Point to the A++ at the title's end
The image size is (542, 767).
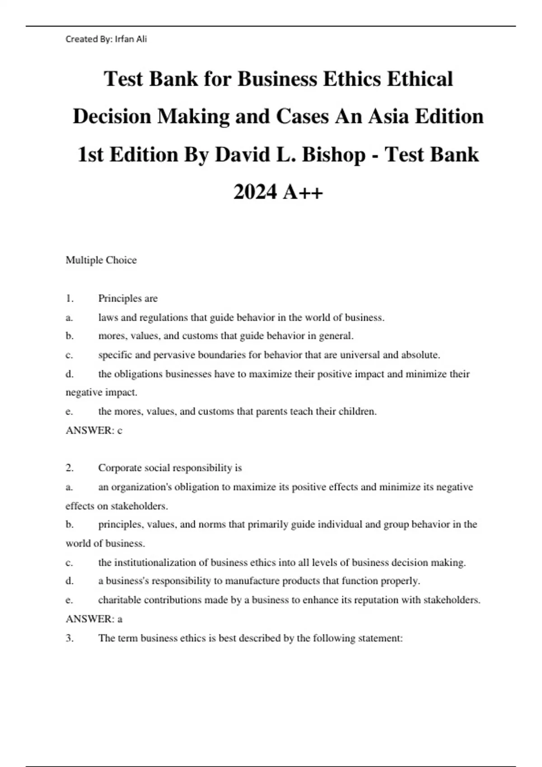click(x=303, y=192)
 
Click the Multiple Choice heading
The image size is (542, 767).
click(x=101, y=260)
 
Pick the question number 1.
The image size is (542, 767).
click(x=70, y=299)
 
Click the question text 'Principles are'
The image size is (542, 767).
click(x=128, y=299)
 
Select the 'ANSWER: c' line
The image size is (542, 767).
click(x=94, y=431)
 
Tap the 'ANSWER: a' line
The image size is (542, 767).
click(x=94, y=619)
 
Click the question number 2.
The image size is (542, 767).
click(x=70, y=468)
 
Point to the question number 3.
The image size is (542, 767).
click(x=70, y=638)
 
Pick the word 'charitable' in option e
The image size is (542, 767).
click(x=118, y=600)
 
